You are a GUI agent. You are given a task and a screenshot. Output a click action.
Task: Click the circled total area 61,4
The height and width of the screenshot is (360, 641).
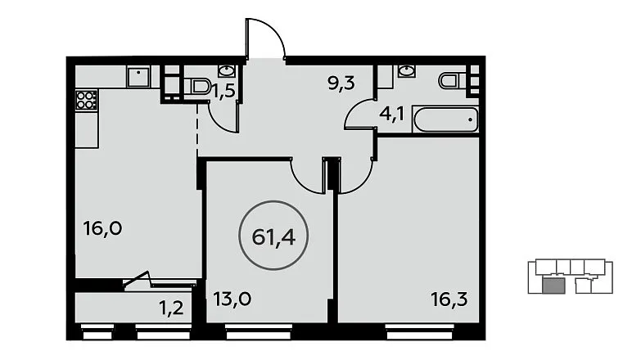pos(273,236)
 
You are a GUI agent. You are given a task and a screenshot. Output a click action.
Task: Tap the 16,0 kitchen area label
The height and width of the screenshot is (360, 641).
pos(102,228)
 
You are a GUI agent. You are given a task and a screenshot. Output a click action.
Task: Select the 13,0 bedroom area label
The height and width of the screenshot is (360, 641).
pos(232,299)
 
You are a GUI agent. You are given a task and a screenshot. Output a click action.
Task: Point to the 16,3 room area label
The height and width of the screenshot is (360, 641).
pos(449,299)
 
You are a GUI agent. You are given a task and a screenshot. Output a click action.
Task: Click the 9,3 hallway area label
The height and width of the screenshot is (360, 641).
pos(341,83)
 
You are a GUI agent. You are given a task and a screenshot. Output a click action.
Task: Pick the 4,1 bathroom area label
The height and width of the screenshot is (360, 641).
pos(391,113)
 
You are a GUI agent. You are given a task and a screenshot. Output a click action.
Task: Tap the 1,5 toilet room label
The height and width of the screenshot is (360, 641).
pos(224,91)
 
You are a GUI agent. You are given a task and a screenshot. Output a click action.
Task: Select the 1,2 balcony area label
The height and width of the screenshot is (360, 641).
pos(171,308)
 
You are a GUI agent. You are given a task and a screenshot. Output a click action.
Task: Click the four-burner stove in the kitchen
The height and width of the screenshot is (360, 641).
pos(87,100)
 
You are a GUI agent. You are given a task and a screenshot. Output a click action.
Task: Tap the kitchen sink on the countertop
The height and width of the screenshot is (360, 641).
pos(138,77)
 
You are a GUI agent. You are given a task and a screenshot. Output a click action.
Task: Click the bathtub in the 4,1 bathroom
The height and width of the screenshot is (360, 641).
pos(445,119)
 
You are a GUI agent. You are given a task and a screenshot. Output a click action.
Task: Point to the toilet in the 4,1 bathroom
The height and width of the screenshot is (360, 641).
pos(452,80)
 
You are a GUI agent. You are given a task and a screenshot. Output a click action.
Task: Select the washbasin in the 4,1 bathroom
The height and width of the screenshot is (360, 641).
pos(406,70)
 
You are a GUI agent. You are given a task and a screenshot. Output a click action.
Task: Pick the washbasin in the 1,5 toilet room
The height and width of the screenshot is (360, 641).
pos(226,70)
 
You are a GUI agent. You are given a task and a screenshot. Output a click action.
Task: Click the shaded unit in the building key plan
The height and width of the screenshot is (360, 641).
pos(554,286)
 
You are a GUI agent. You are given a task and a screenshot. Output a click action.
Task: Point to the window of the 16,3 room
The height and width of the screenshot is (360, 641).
pos(420,331)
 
